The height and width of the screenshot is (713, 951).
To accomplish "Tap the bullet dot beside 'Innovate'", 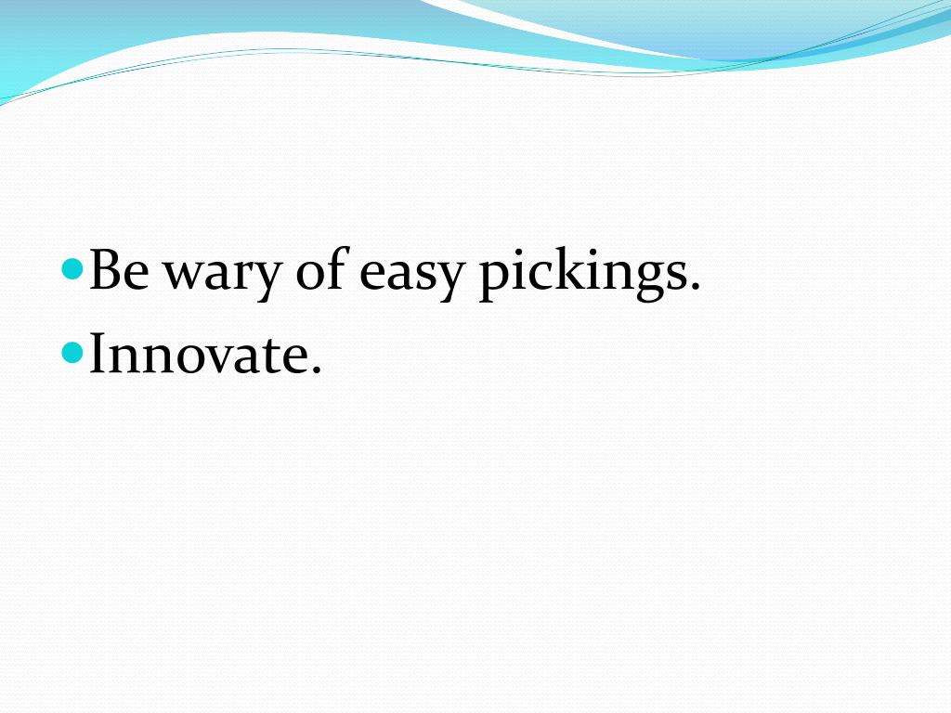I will (x=72, y=353).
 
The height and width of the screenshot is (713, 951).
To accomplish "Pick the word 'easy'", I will (x=410, y=276).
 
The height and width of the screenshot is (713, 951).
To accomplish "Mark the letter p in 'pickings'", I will (x=493, y=279).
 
